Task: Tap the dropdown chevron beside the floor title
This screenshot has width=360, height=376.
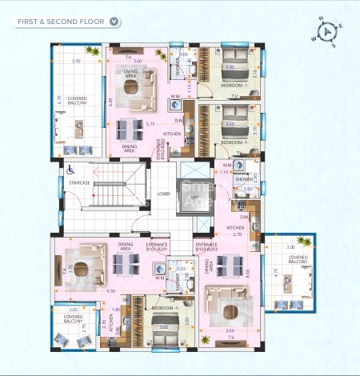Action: pyautogui.click(x=115, y=22)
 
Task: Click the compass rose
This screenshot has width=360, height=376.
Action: pyautogui.click(x=328, y=32)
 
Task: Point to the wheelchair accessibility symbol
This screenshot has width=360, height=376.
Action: pyautogui.click(x=70, y=170)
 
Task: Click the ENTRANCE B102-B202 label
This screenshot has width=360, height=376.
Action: pyautogui.click(x=161, y=149)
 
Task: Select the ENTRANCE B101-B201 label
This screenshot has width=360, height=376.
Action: pyautogui.click(x=156, y=248)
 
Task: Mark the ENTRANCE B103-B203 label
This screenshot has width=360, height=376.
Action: pyautogui.click(x=206, y=248)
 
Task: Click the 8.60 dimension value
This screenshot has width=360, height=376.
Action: pyautogui.click(x=250, y=274)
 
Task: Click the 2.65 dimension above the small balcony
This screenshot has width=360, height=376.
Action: pyautogui.click(x=74, y=309)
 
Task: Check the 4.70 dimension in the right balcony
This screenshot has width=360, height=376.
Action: pyautogui.click(x=276, y=273)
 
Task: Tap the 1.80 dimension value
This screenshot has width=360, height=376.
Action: pyautogui.click(x=116, y=310)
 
